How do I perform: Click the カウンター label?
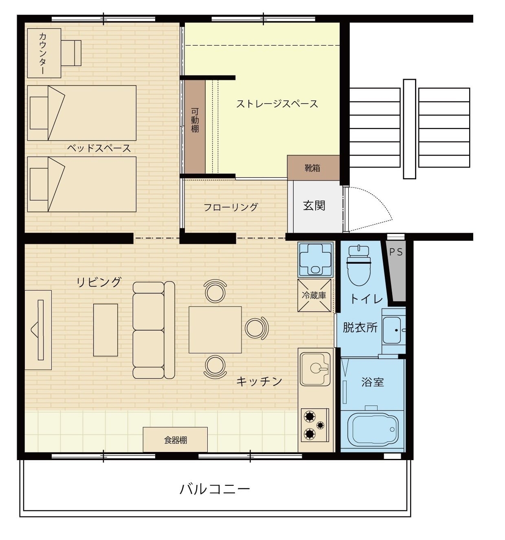[43, 53]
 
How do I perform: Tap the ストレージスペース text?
[277, 104]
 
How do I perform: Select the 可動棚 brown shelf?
[195, 126]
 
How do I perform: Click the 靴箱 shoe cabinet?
[313, 168]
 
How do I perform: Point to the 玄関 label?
[314, 205]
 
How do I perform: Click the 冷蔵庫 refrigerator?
[314, 295]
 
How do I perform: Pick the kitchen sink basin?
[315, 369]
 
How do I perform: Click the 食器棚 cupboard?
[175, 439]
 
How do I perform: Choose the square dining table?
[215, 330]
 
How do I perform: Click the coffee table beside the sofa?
[105, 330]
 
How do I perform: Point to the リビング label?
[99, 282]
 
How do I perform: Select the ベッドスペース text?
[99, 148]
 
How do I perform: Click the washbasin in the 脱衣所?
[392, 330]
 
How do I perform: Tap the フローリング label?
[231, 207]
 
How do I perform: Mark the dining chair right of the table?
[257, 328]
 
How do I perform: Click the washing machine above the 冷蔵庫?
[315, 259]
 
